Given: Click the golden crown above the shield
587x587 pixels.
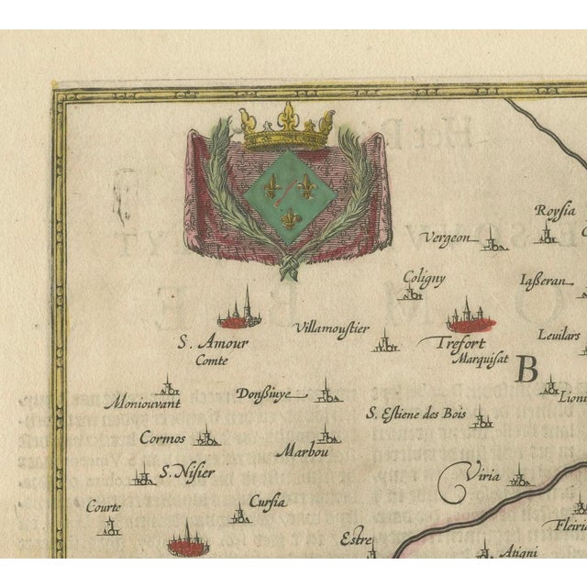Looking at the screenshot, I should tap(285, 128).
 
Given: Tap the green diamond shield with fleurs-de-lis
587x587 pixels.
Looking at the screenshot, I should tap(287, 189).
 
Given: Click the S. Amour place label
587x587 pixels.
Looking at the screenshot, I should tap(213, 343).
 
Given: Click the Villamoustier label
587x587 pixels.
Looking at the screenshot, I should tap(331, 327).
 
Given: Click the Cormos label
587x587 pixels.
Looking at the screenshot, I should tap(162, 437).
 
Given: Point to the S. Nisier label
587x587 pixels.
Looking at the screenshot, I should tap(186, 472).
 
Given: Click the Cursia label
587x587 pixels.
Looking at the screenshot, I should tap(268, 502).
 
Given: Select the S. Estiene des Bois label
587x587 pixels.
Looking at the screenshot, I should tap(416, 414).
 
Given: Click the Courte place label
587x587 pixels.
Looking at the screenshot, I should tap(104, 505).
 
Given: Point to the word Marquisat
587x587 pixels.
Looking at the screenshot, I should tap(483, 359).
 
